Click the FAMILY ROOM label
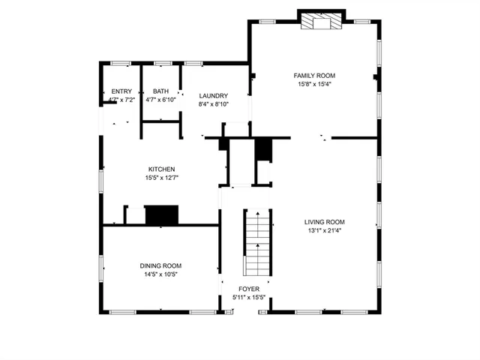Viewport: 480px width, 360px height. (x=313, y=76)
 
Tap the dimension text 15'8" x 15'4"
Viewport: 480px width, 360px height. (x=313, y=84)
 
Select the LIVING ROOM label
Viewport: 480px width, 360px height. (x=324, y=222)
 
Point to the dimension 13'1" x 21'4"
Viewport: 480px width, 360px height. (x=324, y=230)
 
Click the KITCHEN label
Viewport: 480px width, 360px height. (x=161, y=169)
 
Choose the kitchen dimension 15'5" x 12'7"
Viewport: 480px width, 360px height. (x=161, y=178)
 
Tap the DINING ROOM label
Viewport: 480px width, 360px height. (x=160, y=266)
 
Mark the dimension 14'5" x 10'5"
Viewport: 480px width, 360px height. (x=160, y=274)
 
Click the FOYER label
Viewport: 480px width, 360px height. (x=249, y=289)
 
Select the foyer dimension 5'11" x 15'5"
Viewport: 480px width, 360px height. (x=249, y=298)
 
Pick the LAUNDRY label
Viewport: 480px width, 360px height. (x=213, y=96)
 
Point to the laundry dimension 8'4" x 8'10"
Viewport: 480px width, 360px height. (x=213, y=104)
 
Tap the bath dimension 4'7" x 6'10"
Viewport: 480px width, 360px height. (x=160, y=100)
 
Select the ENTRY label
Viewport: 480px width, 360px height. (x=121, y=91)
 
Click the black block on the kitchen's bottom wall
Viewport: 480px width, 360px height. (x=161, y=215)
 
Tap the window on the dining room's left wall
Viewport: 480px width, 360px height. (x=102, y=267)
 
